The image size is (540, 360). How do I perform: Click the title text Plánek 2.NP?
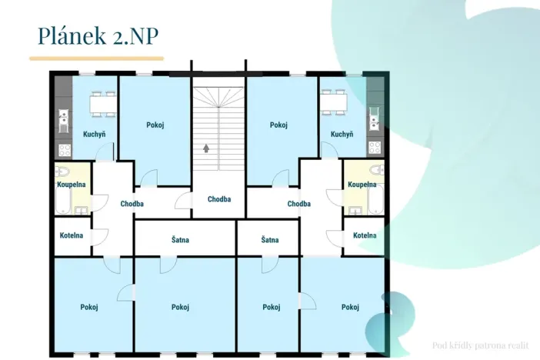(x=98, y=35)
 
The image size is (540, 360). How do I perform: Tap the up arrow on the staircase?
(x=206, y=148)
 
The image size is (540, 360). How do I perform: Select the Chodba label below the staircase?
(x=219, y=199)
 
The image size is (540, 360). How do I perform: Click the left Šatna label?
(x=180, y=240)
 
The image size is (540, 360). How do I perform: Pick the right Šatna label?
(x=270, y=240)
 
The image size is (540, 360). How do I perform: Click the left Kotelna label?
(x=72, y=235)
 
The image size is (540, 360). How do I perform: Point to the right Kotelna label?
(x=365, y=235)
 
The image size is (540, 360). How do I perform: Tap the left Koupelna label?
(x=72, y=185)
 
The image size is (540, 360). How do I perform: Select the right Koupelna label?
(x=362, y=185)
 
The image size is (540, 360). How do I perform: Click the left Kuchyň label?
(x=94, y=134)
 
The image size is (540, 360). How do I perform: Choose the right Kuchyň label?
(x=342, y=134)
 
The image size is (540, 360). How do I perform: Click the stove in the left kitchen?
(x=65, y=150)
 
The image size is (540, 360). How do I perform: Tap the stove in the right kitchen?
(x=375, y=148)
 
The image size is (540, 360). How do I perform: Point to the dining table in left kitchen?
(x=103, y=104)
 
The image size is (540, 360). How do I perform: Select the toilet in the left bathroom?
(x=62, y=171)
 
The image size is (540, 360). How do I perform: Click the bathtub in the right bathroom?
(x=375, y=199)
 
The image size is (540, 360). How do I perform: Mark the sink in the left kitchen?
(x=63, y=121)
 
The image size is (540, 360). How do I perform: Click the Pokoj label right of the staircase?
(x=278, y=125)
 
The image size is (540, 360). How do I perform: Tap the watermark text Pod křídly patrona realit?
(x=481, y=345)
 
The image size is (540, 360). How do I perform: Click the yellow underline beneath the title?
(x=96, y=58)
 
